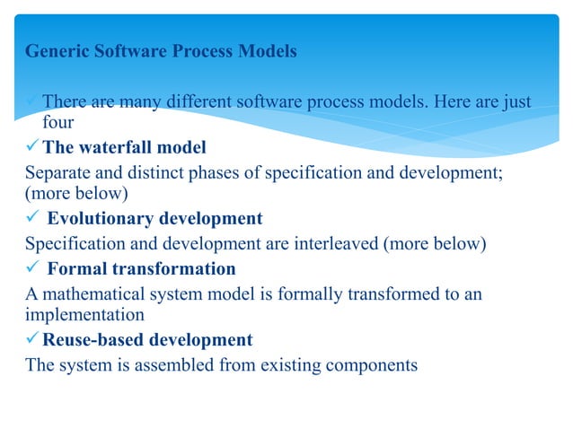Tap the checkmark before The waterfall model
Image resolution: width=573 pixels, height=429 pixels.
(x=33, y=146)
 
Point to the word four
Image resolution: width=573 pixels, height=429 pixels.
(x=58, y=122)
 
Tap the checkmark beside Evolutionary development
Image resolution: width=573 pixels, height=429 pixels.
(x=32, y=218)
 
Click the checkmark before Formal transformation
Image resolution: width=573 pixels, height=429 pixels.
(x=32, y=268)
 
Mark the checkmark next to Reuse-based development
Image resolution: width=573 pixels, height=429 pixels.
(x=33, y=340)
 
